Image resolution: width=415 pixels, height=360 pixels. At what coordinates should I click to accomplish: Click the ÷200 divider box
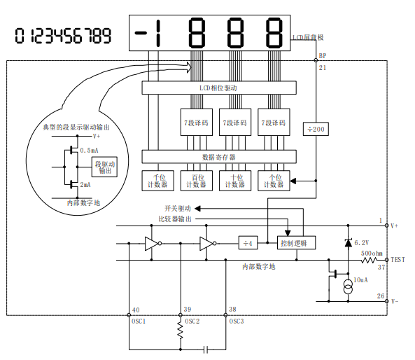tap(316, 129)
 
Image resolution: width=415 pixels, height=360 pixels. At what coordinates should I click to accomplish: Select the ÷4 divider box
tap(248, 242)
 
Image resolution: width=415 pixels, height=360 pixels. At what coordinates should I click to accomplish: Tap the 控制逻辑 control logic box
tap(296, 242)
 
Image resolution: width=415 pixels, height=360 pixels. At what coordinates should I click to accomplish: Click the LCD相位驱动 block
tap(219, 88)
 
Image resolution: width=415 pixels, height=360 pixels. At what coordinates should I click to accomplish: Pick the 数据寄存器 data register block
tap(219, 157)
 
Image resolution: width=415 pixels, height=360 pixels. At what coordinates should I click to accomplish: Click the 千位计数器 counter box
tap(157, 181)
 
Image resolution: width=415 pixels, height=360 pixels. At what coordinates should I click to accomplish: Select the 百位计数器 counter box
tap(197, 181)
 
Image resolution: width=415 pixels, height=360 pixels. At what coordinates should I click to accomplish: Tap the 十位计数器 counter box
tap(235, 181)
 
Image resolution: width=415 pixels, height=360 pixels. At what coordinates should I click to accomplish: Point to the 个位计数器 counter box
tap(274, 181)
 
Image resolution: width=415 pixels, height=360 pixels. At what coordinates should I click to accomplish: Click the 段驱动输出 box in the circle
tap(104, 167)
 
